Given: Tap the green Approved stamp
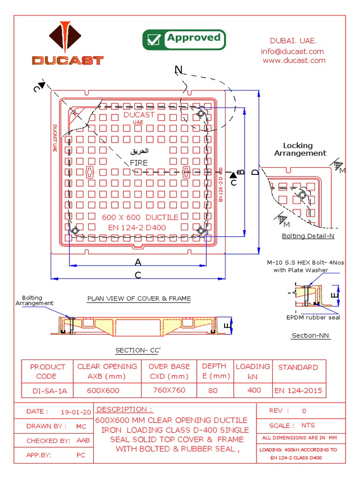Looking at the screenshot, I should pos(184,40).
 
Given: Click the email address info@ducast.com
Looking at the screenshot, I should pos(292,51).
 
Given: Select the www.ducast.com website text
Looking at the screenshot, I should pos(294,60).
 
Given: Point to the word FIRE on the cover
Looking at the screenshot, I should pos(139,163).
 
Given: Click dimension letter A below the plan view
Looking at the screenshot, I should pos(138,262).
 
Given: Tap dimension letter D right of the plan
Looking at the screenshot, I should pos(255,172).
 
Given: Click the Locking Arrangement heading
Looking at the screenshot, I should pos(300,149).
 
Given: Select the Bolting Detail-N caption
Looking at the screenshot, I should pos(308,236).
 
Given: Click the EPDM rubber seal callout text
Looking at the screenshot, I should pos(313,317).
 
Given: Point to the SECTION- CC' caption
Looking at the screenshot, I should pos(138,351).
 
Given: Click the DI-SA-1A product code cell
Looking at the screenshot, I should pos(47,390).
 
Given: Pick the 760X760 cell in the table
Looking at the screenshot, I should pos(169,390).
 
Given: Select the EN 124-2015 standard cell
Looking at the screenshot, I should pos(298,390).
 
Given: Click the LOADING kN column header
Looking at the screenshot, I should pos(253,371).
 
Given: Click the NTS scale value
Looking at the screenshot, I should pos(308,425).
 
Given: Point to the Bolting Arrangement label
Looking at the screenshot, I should pos(35,300).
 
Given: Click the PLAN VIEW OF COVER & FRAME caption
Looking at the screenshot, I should pos(139,299).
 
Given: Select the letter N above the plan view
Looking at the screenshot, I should pos(178,70).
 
